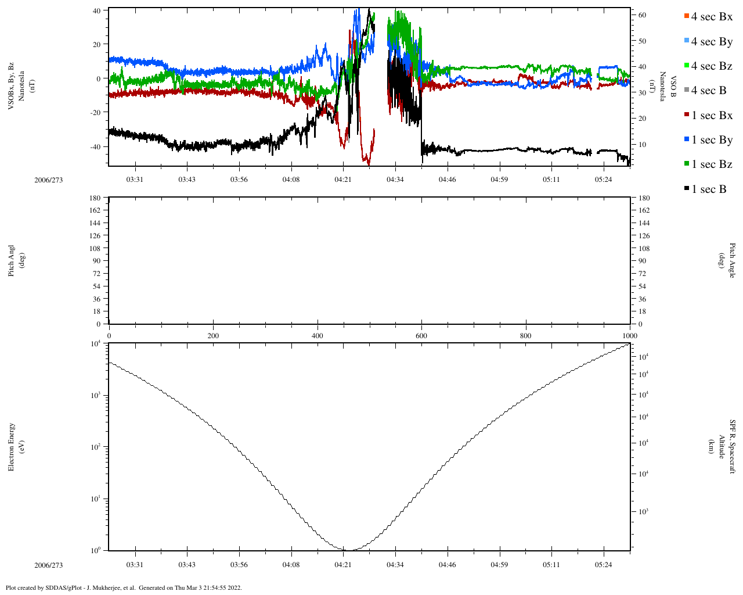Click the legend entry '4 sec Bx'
point(712,17)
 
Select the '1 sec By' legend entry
point(712,140)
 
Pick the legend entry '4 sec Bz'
point(712,66)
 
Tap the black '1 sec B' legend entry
point(709,189)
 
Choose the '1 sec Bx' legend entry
point(712,116)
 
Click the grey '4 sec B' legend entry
point(709,91)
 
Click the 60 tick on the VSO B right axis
point(642,15)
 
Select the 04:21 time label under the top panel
point(343,180)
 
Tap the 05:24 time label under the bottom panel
point(604,565)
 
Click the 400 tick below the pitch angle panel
point(318,336)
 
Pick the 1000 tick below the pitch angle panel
point(630,336)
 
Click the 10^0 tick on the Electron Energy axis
point(95,550)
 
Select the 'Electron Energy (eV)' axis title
point(16,447)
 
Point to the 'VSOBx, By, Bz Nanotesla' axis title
point(16,86)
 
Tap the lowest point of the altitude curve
point(347,550)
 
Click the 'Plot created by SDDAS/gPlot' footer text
point(124,587)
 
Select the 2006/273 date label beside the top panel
point(49,180)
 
